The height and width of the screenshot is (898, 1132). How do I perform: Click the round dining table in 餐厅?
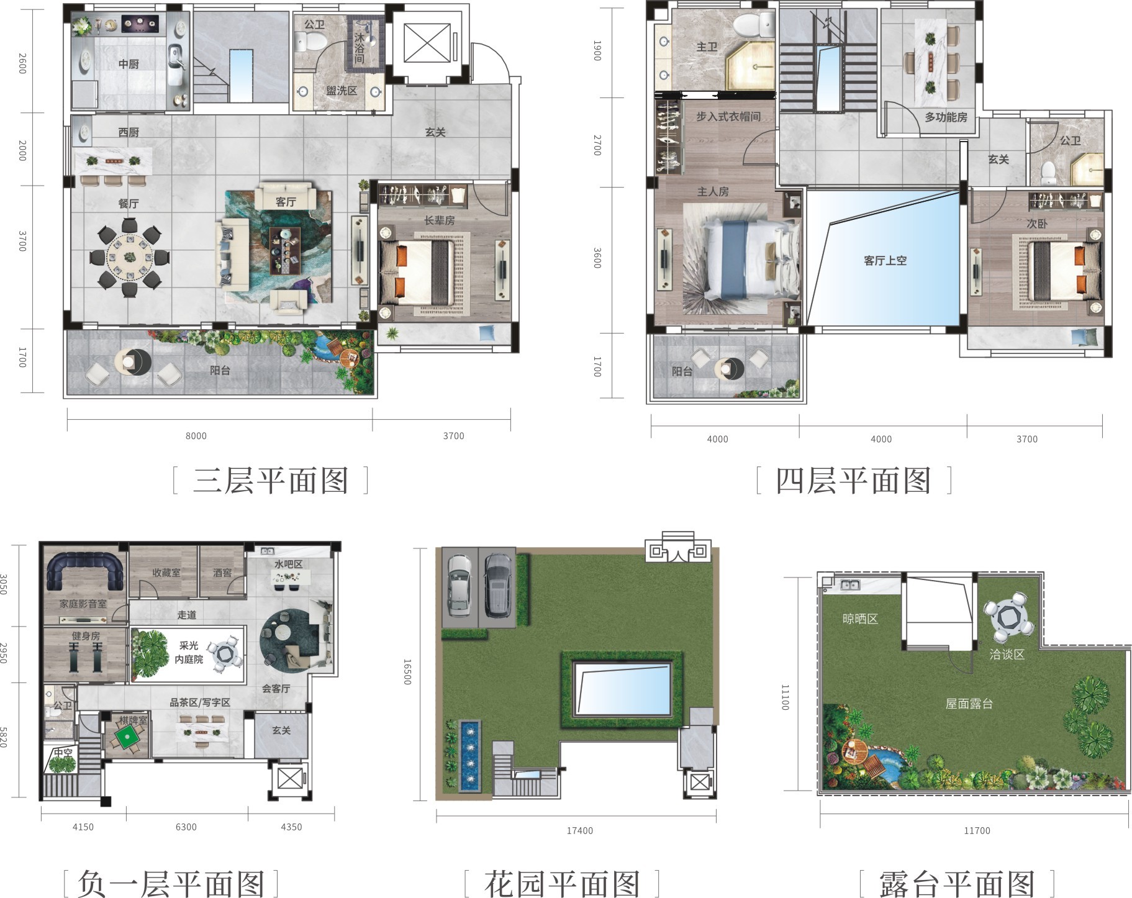[x=130, y=257]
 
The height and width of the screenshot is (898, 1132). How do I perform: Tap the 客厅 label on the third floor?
[x=286, y=202]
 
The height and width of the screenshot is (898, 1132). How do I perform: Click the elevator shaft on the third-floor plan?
[x=427, y=43]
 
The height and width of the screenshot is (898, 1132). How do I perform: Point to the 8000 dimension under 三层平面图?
[x=196, y=436]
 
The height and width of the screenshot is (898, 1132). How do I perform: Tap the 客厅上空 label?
[x=885, y=261]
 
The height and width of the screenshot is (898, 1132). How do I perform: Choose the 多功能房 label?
[x=946, y=117]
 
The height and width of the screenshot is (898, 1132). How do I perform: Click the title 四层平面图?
[x=854, y=481]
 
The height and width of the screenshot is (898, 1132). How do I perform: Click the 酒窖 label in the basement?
[x=222, y=573]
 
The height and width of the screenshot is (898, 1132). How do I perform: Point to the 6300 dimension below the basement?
[x=186, y=827]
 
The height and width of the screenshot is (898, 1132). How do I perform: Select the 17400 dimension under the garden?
[x=579, y=830]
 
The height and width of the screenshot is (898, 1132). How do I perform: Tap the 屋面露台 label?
[x=969, y=704]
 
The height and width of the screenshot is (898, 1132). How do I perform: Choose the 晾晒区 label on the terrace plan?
[x=860, y=619]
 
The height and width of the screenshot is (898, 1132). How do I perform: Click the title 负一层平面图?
[x=171, y=884]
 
